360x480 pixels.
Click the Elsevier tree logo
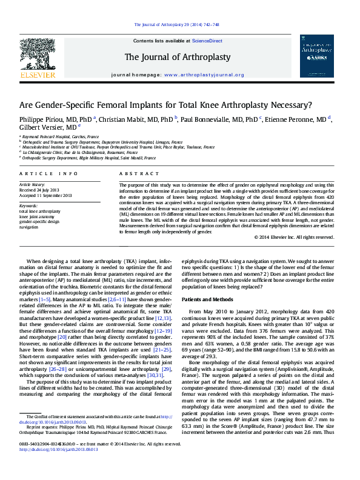(38, 55)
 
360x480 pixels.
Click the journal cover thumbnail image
(316, 56)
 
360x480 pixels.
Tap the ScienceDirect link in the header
(207, 41)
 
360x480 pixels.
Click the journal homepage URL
(204, 75)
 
